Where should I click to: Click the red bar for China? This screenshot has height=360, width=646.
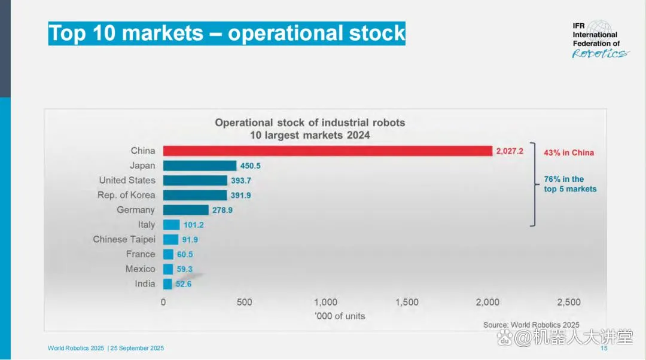pyautogui.click(x=327, y=151)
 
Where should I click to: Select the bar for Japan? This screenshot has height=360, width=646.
pyautogui.click(x=200, y=166)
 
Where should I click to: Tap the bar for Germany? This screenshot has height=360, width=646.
pyautogui.click(x=185, y=210)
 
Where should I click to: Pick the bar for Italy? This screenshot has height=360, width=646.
pyautogui.click(x=171, y=225)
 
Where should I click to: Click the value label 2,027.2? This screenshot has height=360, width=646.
pyautogui.click(x=510, y=151)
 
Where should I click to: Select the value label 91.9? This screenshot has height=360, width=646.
pyautogui.click(x=190, y=240)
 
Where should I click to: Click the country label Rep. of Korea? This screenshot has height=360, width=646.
pyautogui.click(x=126, y=195)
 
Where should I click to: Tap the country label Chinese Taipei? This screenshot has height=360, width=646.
pyautogui.click(x=124, y=239)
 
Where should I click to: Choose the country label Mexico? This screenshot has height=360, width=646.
pyautogui.click(x=140, y=269)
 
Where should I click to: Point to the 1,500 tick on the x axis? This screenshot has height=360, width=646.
pyautogui.click(x=407, y=303)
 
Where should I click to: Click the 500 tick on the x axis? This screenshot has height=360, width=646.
pyautogui.click(x=244, y=303)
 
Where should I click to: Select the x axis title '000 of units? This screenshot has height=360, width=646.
pyautogui.click(x=340, y=316)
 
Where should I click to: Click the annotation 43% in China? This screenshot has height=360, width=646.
pyautogui.click(x=568, y=152)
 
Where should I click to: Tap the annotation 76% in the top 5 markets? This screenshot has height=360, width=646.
pyautogui.click(x=570, y=184)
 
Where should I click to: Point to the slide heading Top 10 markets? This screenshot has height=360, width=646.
pyautogui.click(x=227, y=33)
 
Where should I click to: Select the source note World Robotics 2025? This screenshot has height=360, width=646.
pyautogui.click(x=531, y=325)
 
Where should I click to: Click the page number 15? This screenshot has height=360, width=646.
pyautogui.click(x=604, y=349)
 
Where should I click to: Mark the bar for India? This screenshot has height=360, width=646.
pyautogui.click(x=167, y=284)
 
